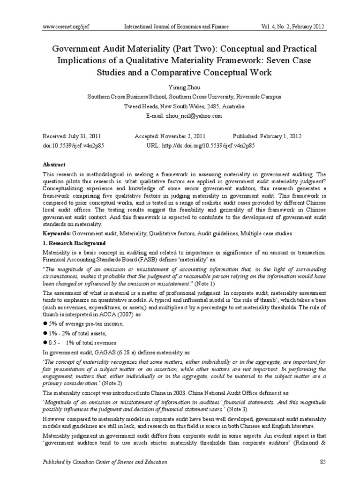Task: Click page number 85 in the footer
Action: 322,462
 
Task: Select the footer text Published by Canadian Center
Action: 105,462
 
